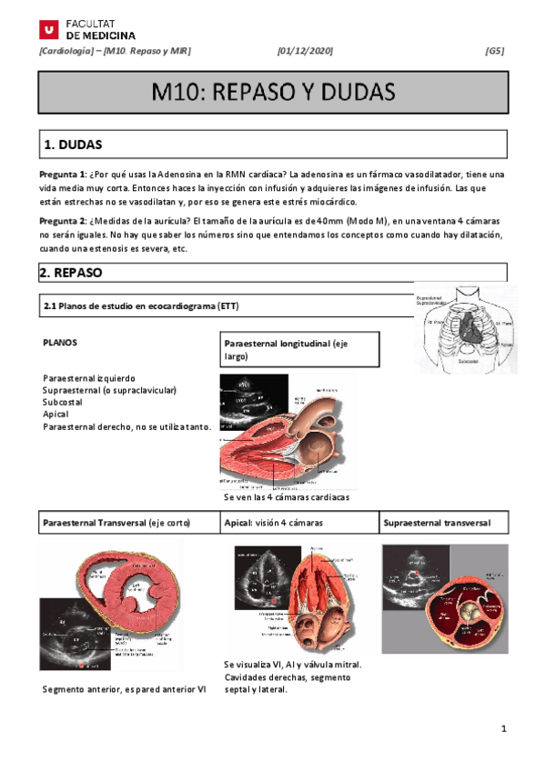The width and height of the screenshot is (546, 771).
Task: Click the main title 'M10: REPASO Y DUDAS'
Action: [x=273, y=93]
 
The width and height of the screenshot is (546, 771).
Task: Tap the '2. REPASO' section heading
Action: [x=72, y=272]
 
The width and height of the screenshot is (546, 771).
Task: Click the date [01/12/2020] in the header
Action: [x=304, y=51]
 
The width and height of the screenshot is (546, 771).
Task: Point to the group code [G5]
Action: [x=495, y=51]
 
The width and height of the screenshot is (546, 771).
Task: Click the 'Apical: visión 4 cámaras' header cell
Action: [x=274, y=524]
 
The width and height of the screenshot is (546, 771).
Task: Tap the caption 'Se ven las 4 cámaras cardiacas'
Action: [x=286, y=498]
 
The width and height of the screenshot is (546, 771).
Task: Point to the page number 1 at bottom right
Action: [x=502, y=729]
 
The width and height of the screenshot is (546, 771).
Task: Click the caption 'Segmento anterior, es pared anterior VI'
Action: [x=125, y=688]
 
